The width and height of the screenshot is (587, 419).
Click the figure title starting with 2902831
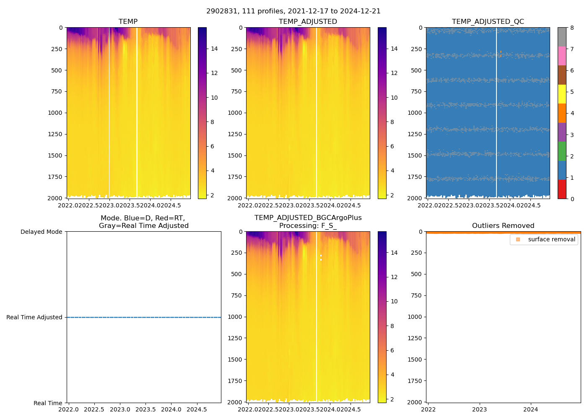tap(293, 11)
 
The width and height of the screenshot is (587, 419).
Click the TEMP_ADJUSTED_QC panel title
tap(488, 22)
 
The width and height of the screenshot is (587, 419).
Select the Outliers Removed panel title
tap(503, 226)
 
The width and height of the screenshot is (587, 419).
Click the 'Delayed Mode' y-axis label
tap(41, 232)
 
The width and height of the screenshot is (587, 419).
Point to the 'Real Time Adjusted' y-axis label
tap(34, 317)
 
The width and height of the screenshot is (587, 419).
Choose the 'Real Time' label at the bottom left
tap(48, 403)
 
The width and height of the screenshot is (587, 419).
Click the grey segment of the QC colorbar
tap(562, 37)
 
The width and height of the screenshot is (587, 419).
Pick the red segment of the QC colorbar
tap(562, 189)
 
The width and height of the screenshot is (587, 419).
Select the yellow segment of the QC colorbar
tap(562, 94)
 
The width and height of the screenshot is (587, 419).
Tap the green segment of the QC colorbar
tap(562, 151)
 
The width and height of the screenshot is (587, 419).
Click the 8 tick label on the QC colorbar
tap(572, 28)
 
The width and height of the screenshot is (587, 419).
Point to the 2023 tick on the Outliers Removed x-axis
tap(480, 409)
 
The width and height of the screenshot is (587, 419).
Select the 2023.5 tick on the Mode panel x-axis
tap(145, 409)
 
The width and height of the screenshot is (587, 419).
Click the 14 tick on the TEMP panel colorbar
tap(214, 49)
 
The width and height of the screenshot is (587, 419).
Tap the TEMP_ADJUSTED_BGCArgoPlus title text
tap(308, 218)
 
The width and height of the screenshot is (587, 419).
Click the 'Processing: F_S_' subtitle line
tap(308, 226)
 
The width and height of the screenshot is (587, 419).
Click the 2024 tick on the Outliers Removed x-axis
tap(531, 409)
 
